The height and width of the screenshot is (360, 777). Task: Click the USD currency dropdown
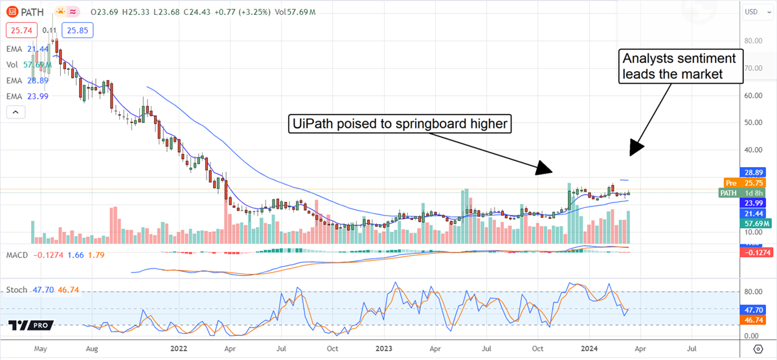coord(752,12)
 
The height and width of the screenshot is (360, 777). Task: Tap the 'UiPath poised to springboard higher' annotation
coord(400,123)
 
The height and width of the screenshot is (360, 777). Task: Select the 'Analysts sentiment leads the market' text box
coord(679,66)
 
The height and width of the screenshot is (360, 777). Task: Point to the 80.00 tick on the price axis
coord(752,40)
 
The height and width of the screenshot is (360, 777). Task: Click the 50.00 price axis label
coord(752,122)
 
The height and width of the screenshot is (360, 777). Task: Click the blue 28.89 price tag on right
coord(756,174)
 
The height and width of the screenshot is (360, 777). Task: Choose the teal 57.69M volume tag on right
coord(756,223)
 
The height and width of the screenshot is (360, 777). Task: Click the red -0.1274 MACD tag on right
coord(756,253)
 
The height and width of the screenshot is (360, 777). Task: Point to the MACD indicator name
coord(17,255)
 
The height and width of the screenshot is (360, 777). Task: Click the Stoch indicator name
coord(16,290)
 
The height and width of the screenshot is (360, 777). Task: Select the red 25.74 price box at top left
coord(20,30)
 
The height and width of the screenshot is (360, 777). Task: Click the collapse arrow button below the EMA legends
coord(16,113)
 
